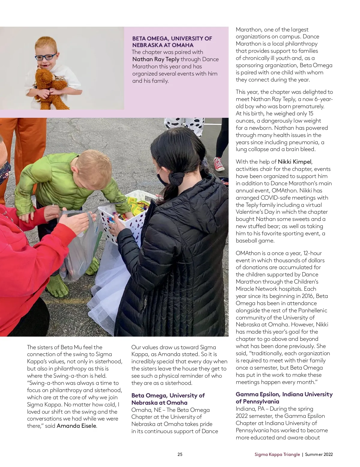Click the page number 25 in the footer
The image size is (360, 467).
tap(180, 454)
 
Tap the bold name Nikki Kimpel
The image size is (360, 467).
tap(295, 162)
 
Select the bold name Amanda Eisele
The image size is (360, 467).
tap(76, 426)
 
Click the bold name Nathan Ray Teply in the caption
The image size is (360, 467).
tap(156, 59)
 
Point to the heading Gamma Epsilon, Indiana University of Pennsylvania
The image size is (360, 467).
tap(284, 398)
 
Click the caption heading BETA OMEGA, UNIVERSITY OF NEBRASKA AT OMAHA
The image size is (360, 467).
tap(172, 42)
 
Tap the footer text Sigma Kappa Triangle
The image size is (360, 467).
tap(277, 454)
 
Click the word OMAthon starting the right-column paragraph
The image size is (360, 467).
tap(248, 253)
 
